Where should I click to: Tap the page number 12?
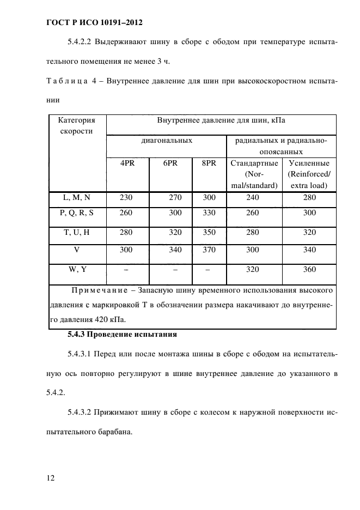point(51,478)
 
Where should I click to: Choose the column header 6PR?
point(170,163)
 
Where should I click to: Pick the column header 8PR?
point(209,163)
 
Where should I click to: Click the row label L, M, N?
point(77,198)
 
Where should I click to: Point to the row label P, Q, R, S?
point(77,214)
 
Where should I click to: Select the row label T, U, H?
point(77,233)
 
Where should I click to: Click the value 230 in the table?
point(126,198)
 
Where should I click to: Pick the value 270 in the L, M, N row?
point(175,198)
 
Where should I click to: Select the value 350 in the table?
point(209,233)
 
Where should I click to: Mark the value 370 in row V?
point(209,251)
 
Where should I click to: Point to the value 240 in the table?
point(253,198)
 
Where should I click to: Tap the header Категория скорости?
point(77,126)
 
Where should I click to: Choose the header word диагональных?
point(167,141)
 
